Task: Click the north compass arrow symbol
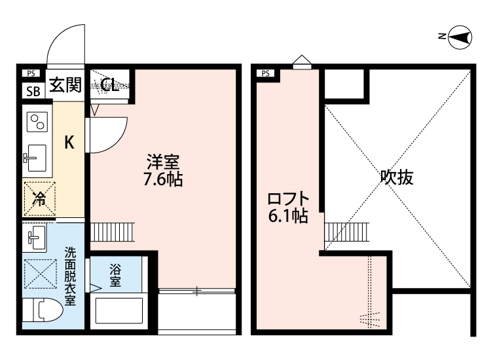461,37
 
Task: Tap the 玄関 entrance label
65,86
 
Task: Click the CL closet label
109,84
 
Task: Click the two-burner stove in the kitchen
36,121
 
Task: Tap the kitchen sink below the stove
35,157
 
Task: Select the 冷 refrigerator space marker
39,198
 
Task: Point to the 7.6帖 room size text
163,179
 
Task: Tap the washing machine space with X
39,273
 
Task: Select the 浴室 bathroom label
115,275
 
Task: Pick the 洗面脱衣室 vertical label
69,278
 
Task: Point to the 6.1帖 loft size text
288,217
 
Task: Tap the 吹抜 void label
397,178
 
